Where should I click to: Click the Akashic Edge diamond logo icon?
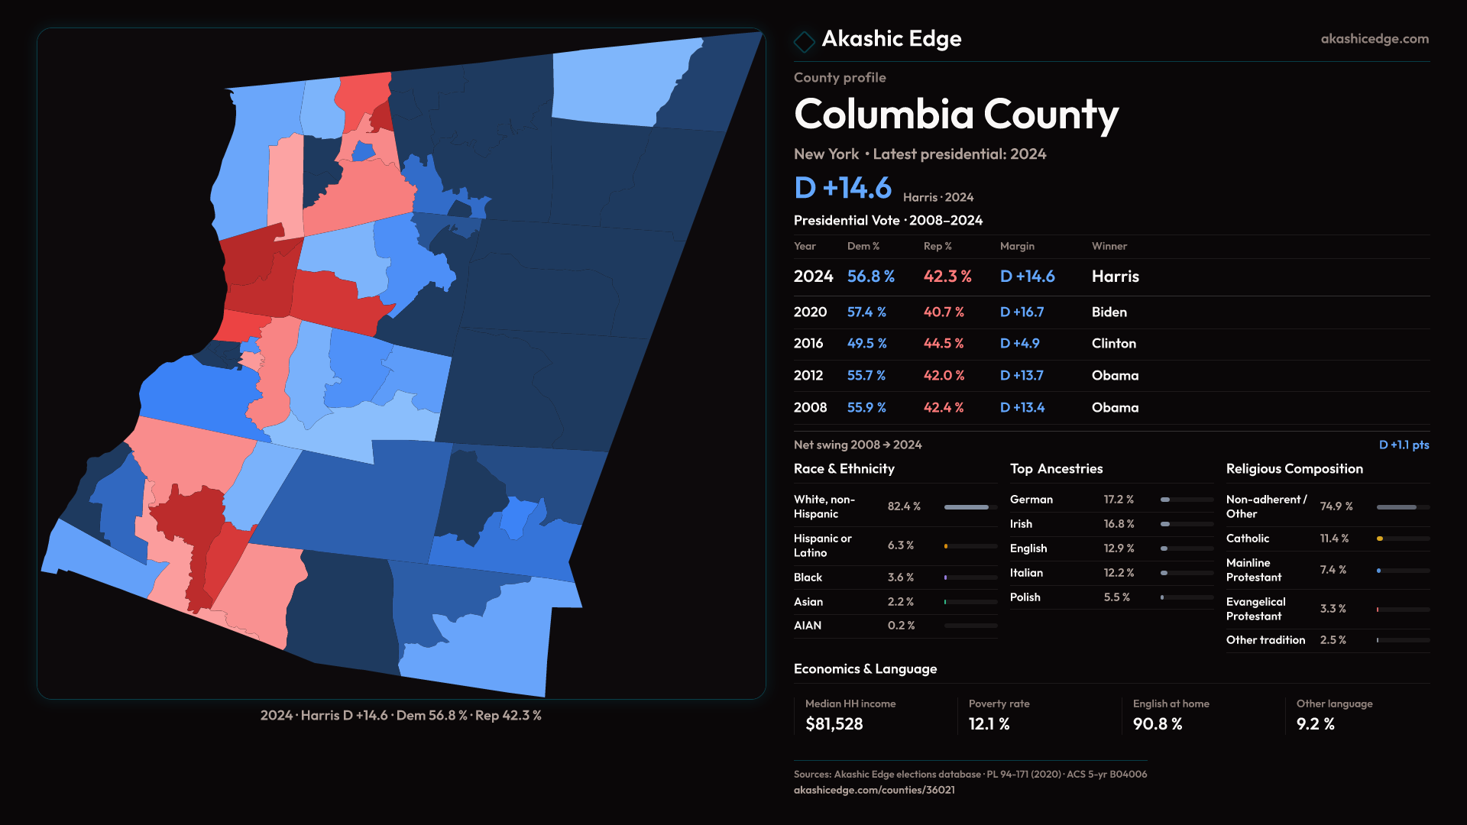pyautogui.click(x=805, y=41)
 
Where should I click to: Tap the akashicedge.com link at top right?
pyautogui.click(x=1375, y=39)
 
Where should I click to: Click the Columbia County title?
pyautogui.click(x=956, y=115)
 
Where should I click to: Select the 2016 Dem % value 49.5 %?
pyautogui.click(x=866, y=344)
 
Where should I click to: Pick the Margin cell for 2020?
pyautogui.click(x=1022, y=312)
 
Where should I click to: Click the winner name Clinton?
pyautogui.click(x=1113, y=344)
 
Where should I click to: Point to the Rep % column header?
pyautogui.click(x=938, y=246)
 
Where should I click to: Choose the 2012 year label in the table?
pyautogui.click(x=808, y=376)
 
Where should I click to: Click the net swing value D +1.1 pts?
pyautogui.click(x=1404, y=445)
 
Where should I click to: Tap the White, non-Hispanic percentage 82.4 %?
pyautogui.click(x=904, y=506)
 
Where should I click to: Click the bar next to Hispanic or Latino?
pyautogui.click(x=970, y=546)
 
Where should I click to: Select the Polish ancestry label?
pyautogui.click(x=1025, y=597)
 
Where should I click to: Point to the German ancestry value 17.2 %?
pyautogui.click(x=1119, y=500)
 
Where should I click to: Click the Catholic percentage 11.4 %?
pyautogui.click(x=1334, y=539)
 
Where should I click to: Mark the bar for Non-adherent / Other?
pyautogui.click(x=1403, y=507)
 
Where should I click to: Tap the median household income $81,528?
pyautogui.click(x=834, y=724)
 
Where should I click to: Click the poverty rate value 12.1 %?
pyautogui.click(x=989, y=724)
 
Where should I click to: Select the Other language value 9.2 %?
pyautogui.click(x=1315, y=724)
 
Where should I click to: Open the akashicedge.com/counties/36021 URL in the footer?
pyautogui.click(x=874, y=790)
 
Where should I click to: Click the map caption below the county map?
pyautogui.click(x=400, y=716)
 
